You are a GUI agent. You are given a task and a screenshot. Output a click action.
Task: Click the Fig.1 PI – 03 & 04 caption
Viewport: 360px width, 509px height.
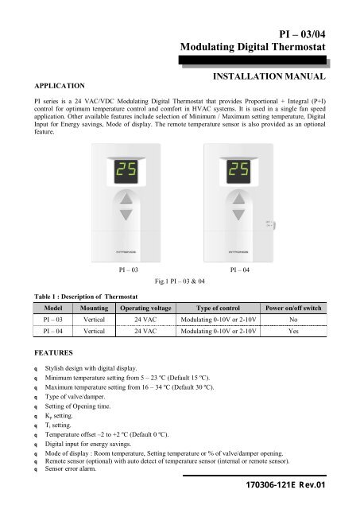pos(180,281)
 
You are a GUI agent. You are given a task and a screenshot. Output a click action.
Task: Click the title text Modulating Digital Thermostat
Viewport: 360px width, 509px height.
pos(255,49)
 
